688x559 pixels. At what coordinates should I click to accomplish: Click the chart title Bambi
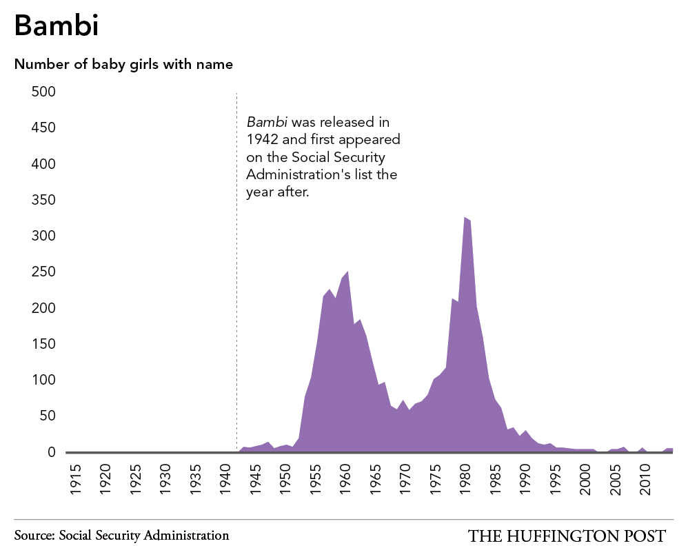(56, 26)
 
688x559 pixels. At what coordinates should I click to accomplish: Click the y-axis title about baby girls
(123, 65)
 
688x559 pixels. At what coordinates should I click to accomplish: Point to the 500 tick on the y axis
(43, 92)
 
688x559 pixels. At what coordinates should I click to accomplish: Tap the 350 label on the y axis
(43, 200)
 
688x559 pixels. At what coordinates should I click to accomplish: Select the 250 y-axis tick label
(43, 272)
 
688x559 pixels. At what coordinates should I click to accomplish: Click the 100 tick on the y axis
(43, 380)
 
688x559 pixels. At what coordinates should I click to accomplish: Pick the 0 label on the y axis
(51, 452)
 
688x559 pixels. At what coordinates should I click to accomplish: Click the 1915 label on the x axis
(75, 479)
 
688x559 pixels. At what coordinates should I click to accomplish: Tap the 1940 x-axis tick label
(225, 479)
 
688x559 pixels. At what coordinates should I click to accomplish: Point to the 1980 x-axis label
(465, 479)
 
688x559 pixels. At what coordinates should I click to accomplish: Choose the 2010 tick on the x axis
(645, 479)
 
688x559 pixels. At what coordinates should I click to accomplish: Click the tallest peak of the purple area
(465, 217)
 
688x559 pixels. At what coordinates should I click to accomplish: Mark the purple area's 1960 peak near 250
(347, 272)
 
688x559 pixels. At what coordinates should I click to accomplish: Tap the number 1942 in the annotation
(263, 139)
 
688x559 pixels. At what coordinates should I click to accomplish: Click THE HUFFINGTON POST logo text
(567, 536)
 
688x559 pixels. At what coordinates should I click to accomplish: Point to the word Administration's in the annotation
(299, 174)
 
